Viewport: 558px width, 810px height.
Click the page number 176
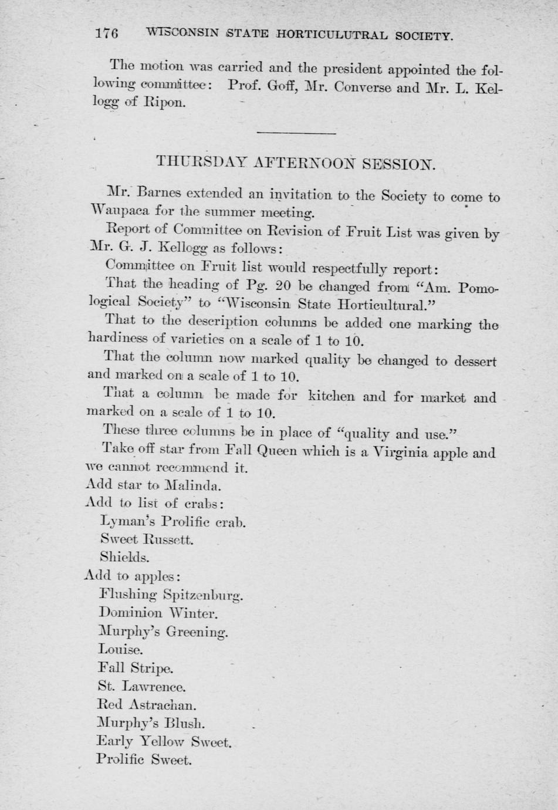point(106,33)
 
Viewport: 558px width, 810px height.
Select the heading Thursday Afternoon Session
point(296,163)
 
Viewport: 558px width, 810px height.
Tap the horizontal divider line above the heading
point(296,133)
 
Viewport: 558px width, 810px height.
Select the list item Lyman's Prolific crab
point(173,521)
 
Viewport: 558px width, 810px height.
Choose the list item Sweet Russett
point(147,539)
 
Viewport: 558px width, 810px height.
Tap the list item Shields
point(124,557)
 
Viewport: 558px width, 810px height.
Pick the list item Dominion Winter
point(158,613)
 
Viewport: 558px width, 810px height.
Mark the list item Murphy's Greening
point(163,632)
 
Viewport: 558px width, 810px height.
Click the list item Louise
point(120,650)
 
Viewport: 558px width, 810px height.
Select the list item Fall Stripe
point(135,668)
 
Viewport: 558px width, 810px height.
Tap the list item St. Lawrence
point(141,686)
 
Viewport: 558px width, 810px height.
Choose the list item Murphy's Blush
point(151,723)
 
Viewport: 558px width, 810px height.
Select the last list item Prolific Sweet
point(144,760)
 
